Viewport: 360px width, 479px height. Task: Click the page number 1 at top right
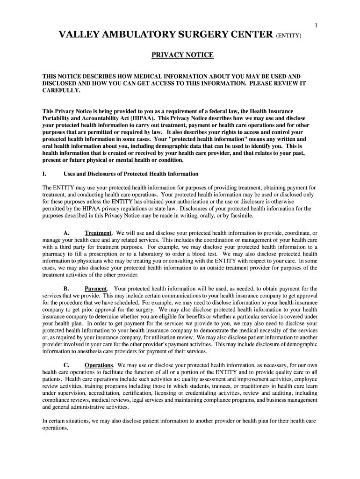coord(317,25)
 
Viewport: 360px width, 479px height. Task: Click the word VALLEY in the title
coord(79,35)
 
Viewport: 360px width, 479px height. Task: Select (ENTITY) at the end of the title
coord(291,36)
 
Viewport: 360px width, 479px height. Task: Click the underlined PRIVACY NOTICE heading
coord(182,55)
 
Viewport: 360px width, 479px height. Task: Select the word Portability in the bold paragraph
coord(57,119)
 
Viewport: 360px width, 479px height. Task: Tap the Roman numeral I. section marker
coord(44,174)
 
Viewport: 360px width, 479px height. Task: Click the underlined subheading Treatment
coord(98,233)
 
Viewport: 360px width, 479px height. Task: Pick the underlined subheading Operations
coord(99,365)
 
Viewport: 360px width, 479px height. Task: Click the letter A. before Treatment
coord(66,233)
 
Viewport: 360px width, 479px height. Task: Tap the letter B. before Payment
coord(66,289)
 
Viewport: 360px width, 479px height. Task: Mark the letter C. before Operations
coord(66,365)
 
